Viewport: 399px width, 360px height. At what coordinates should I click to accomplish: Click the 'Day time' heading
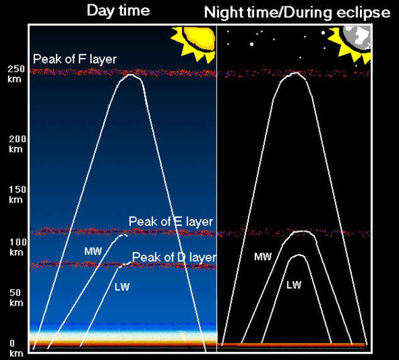click(118, 11)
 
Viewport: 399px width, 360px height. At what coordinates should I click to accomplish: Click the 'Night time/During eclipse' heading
click(297, 13)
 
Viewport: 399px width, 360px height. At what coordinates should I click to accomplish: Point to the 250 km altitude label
click(16, 74)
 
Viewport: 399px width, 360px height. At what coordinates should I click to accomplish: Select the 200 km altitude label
click(17, 143)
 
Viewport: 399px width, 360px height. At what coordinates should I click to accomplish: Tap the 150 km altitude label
click(17, 194)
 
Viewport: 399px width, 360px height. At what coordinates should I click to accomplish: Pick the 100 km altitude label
click(18, 247)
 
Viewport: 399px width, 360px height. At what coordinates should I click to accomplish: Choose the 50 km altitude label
click(16, 298)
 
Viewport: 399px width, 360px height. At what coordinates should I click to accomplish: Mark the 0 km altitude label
click(16, 348)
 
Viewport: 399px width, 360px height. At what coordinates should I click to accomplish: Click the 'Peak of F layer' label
click(74, 59)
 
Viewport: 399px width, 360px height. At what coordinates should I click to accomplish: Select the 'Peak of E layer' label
click(171, 222)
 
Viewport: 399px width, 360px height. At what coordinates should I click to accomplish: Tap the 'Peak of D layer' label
click(174, 257)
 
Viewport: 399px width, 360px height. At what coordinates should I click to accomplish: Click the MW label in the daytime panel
click(93, 251)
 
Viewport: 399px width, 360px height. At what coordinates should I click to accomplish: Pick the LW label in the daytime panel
click(122, 287)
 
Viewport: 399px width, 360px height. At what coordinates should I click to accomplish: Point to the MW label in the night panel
click(263, 257)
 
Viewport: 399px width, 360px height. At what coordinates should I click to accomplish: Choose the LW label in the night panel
click(294, 285)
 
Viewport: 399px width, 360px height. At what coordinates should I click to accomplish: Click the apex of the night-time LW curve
click(299, 255)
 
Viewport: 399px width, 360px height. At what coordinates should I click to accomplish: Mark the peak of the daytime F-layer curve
click(130, 75)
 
